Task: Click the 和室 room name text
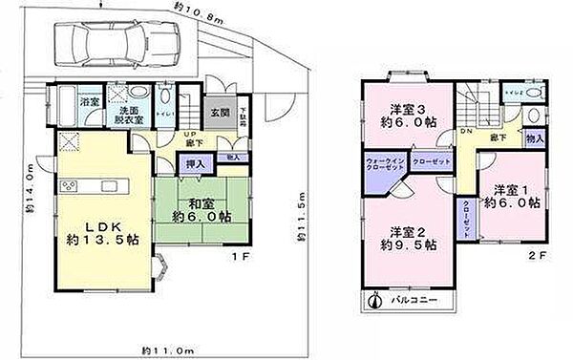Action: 200,203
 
